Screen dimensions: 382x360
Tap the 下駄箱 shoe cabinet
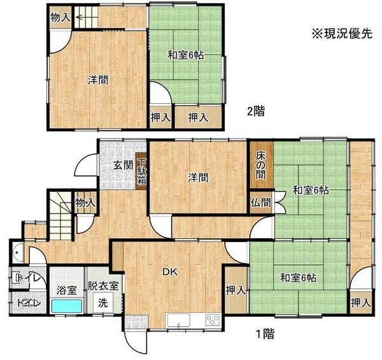click(x=141, y=171)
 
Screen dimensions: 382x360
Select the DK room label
click(x=170, y=272)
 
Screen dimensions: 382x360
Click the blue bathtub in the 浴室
click(x=66, y=306)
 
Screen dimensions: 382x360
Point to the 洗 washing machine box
click(x=103, y=303)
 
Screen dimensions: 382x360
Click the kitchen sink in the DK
click(x=178, y=320)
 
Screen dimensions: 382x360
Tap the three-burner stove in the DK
click(x=213, y=320)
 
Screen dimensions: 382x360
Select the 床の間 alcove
click(x=261, y=165)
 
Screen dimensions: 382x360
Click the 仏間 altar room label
click(x=261, y=203)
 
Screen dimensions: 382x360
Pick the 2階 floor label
click(x=256, y=112)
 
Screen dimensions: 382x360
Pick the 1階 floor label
click(x=265, y=334)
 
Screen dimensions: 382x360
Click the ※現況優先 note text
click(x=342, y=34)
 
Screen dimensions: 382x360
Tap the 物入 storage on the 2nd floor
click(x=60, y=17)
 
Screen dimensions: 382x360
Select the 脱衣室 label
click(x=103, y=285)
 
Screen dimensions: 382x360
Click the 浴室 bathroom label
click(x=66, y=291)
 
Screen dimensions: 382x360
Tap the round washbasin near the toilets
click(x=18, y=253)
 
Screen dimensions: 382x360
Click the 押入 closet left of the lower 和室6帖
click(x=236, y=290)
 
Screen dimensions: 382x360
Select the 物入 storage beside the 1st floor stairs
click(x=85, y=203)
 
